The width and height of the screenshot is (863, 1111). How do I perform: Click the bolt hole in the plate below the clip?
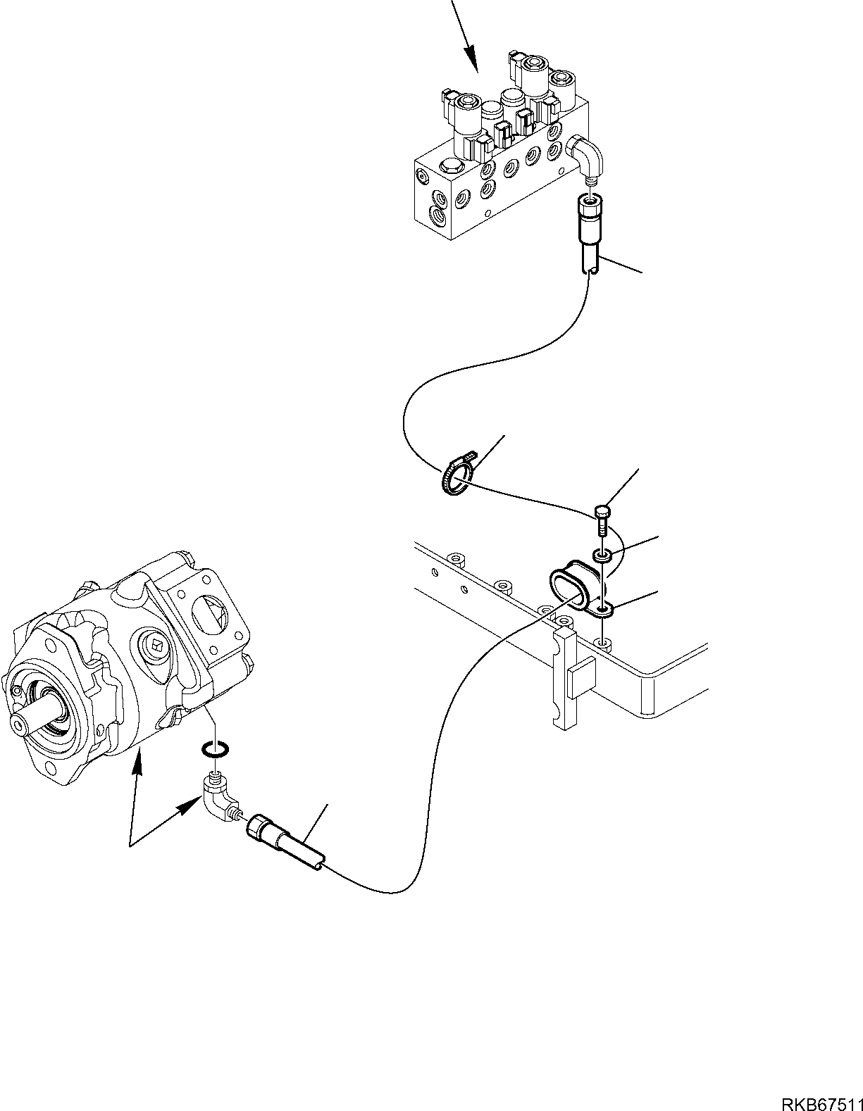(602, 642)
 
